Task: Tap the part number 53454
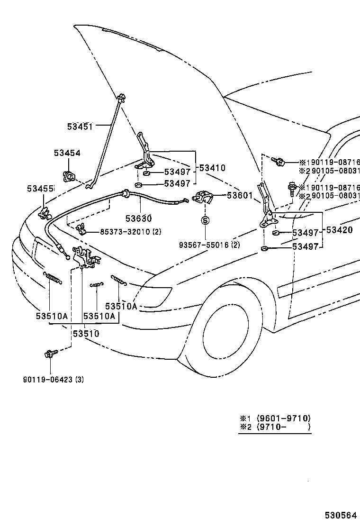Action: (x=67, y=153)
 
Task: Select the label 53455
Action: (x=40, y=190)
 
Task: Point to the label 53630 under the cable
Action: (x=138, y=218)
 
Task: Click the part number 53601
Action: (x=240, y=195)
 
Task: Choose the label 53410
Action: (x=212, y=168)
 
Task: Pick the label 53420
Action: (x=339, y=231)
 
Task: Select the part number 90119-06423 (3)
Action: (x=54, y=379)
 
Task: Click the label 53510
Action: (x=86, y=334)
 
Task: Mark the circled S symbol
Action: (x=205, y=220)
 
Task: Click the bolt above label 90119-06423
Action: (x=50, y=354)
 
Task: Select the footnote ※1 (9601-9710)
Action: (x=275, y=418)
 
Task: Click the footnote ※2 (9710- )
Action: (x=275, y=427)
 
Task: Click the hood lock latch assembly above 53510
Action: (x=86, y=258)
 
